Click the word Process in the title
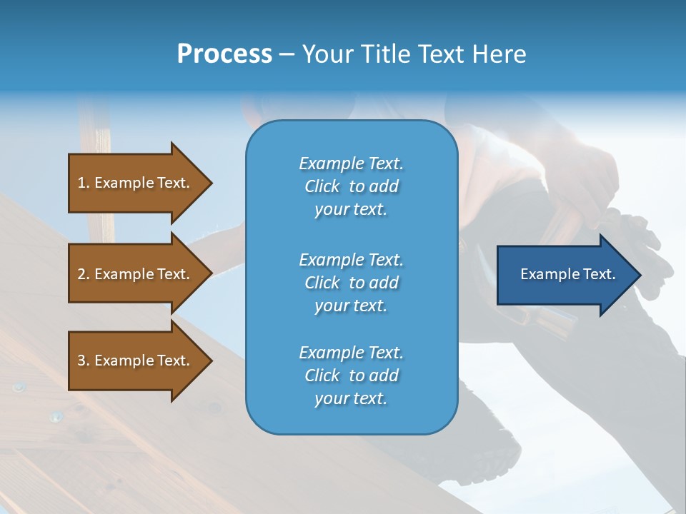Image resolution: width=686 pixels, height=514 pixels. (224, 54)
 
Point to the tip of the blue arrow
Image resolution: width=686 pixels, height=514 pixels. (639, 275)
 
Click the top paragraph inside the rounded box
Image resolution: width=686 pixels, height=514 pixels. (351, 186)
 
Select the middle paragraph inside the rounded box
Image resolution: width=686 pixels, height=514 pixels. (351, 283)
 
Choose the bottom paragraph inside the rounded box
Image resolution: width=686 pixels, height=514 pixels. (351, 376)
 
